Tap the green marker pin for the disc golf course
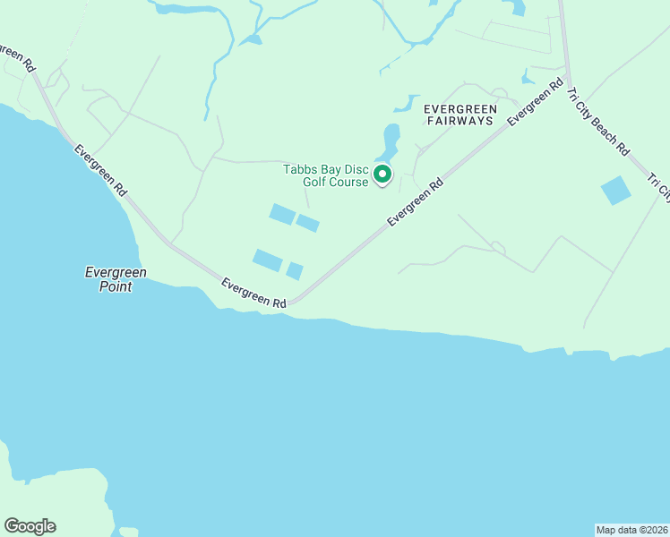point(382,174)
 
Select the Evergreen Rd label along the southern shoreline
point(253,294)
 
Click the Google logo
point(30,526)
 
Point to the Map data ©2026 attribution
point(632,530)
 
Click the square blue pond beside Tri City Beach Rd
point(615,191)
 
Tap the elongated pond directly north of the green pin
point(391,139)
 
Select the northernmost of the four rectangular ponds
point(282,214)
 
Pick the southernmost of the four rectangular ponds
point(294,271)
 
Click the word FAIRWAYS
point(460,120)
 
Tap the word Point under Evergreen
point(116,286)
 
